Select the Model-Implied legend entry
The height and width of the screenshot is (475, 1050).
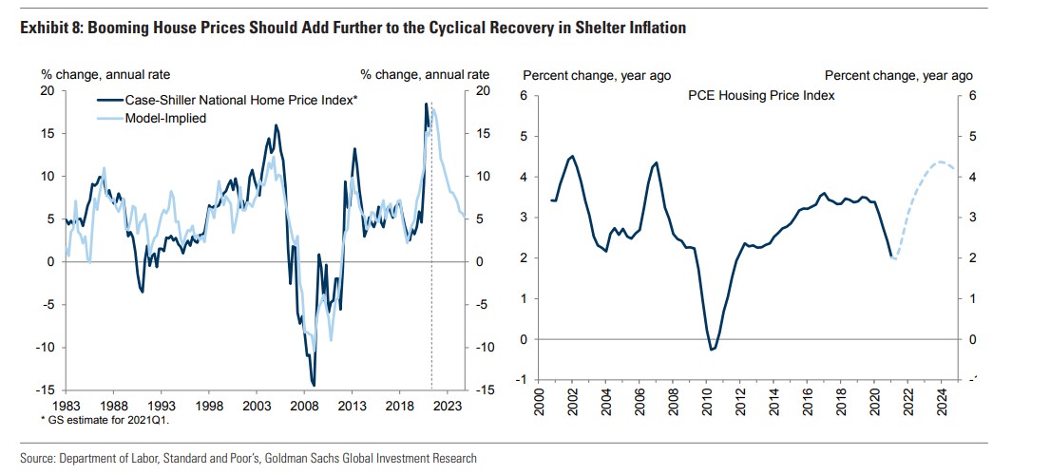tap(166, 118)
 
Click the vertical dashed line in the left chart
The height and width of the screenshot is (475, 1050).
tap(431, 285)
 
